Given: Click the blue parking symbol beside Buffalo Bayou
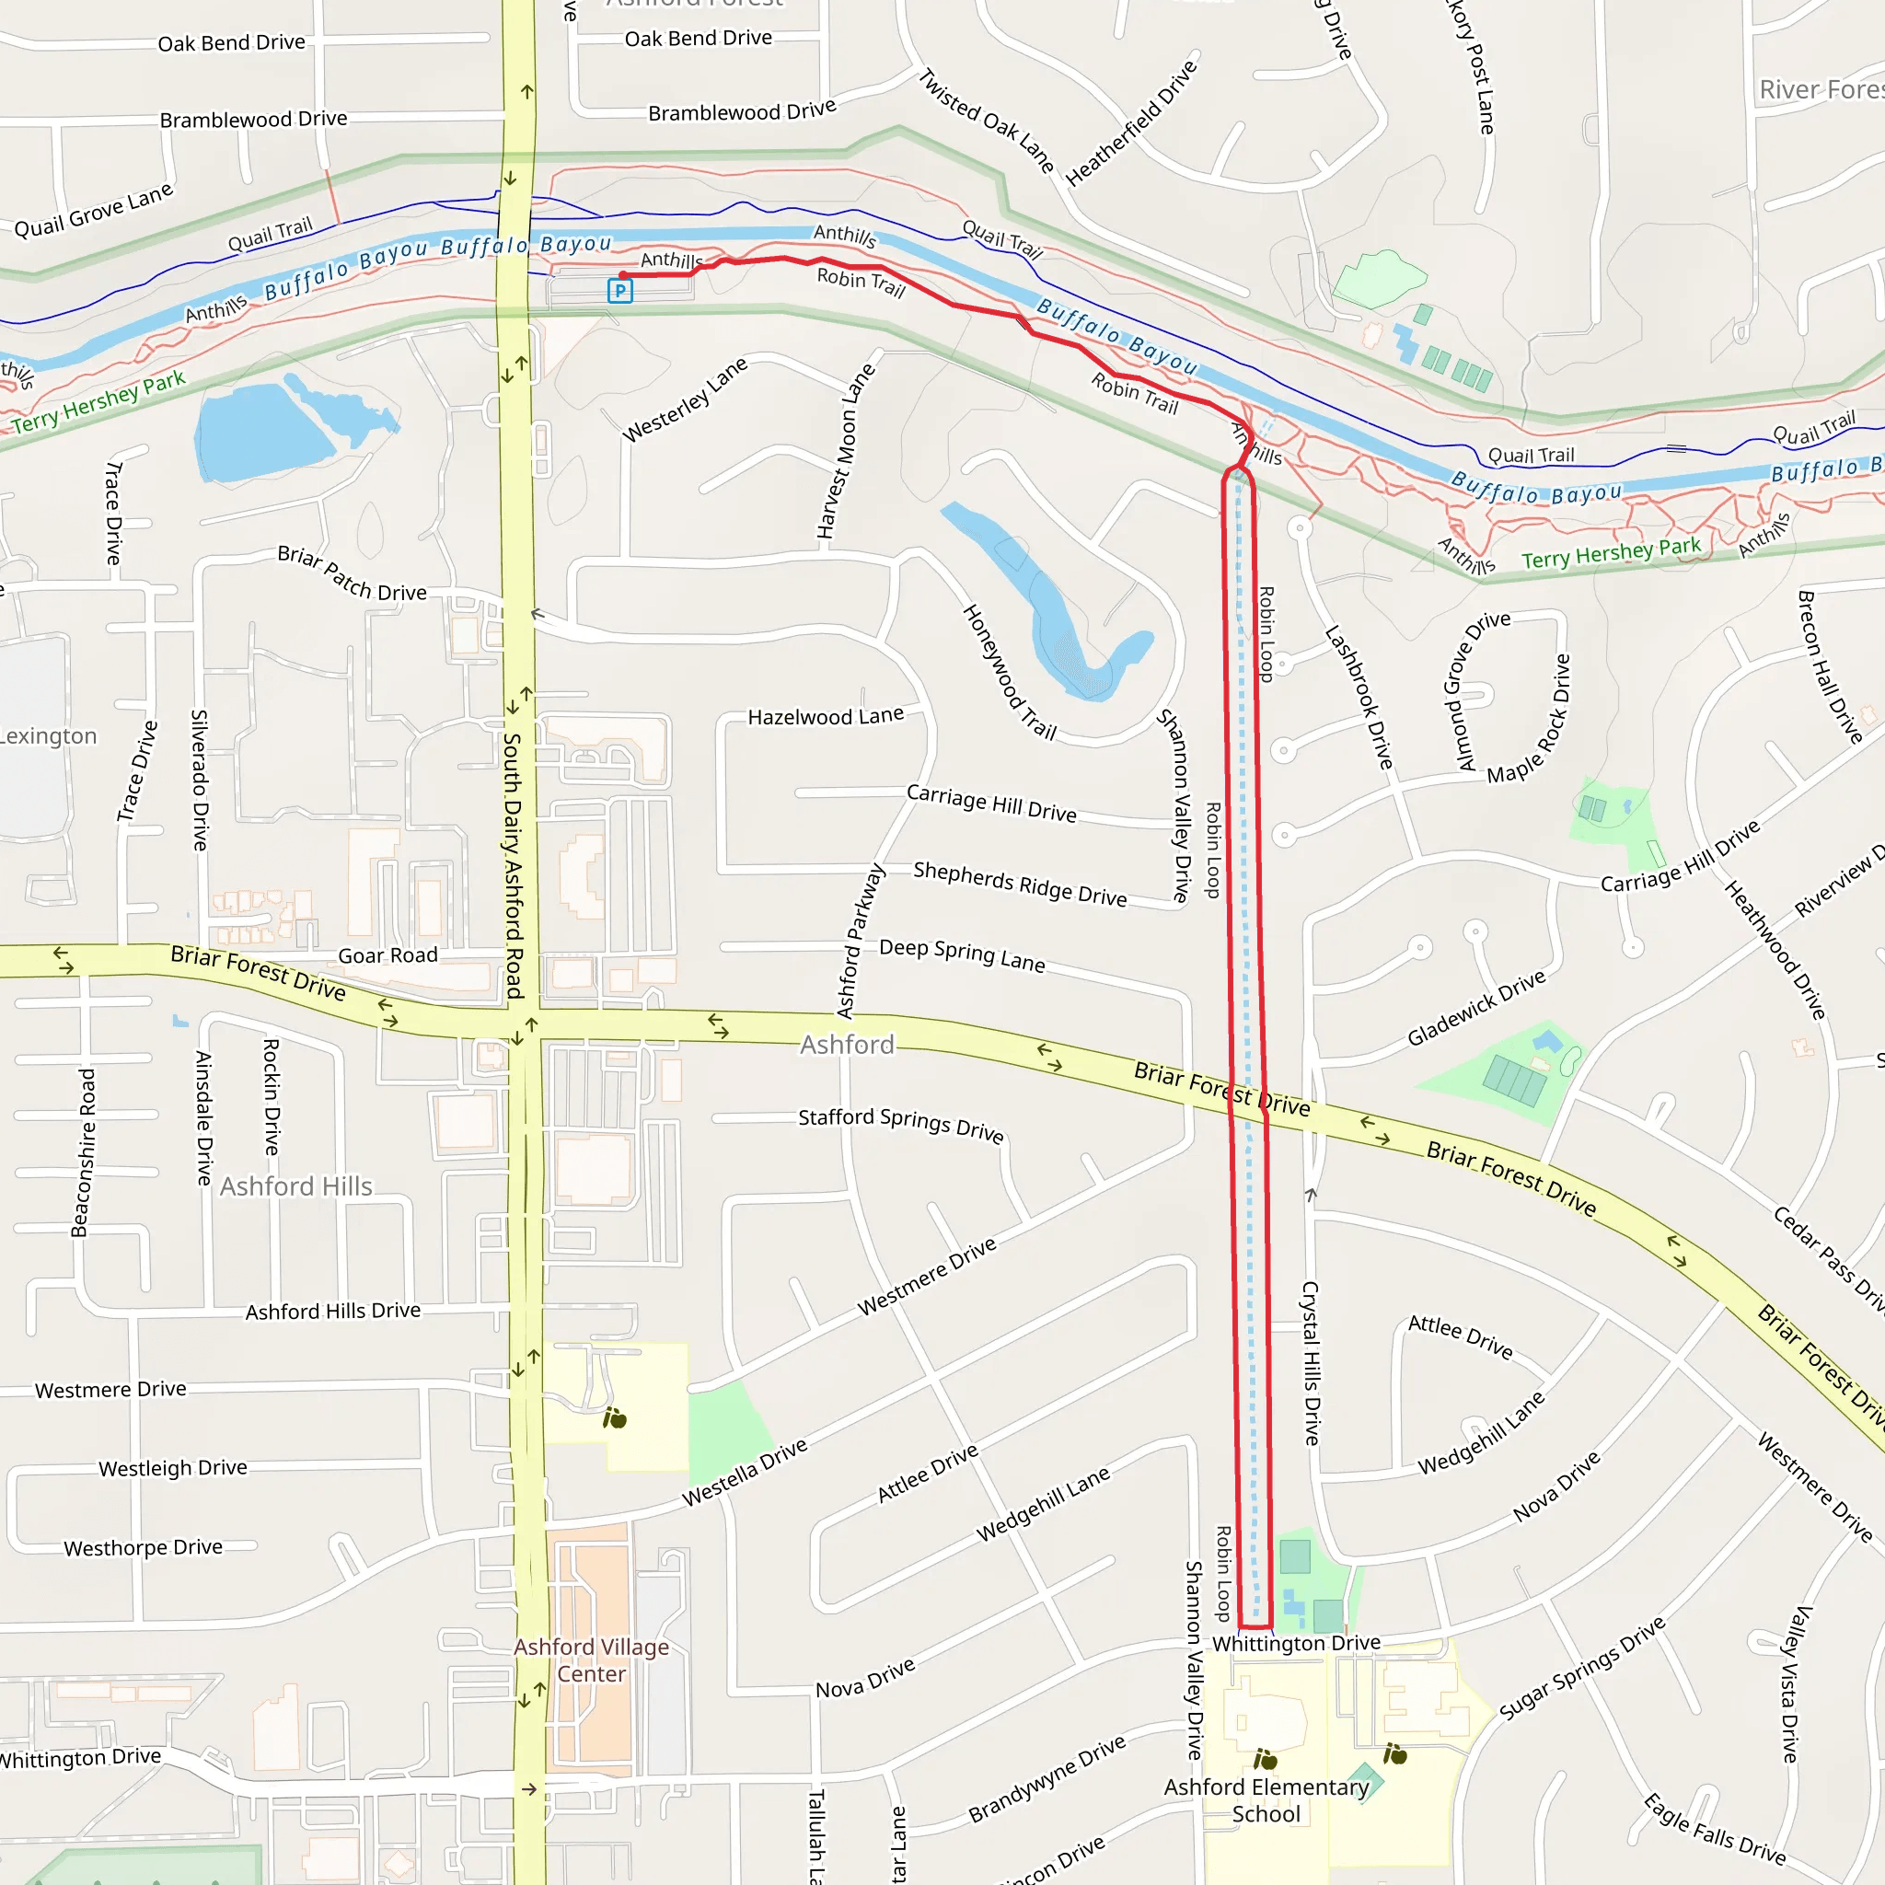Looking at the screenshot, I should (619, 290).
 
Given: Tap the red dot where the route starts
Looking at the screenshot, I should (623, 276).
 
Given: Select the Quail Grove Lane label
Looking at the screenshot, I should (94, 211).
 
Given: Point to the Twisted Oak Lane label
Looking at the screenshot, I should (988, 121).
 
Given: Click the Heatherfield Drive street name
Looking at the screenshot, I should (1131, 123).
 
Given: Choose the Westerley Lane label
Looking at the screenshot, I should (685, 399).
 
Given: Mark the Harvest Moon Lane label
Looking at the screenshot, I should (846, 452).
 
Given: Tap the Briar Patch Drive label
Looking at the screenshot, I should (353, 573).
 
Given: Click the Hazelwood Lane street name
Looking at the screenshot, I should (826, 717).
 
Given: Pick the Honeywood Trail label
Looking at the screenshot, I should (1010, 672).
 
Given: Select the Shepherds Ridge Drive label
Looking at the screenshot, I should (1020, 884).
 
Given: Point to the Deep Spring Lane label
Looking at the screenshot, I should (962, 956).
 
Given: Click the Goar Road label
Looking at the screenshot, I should (387, 956).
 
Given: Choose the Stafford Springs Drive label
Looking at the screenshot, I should (900, 1124).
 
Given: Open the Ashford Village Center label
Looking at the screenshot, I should (591, 1660).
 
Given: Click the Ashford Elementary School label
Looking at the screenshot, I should (1266, 1800).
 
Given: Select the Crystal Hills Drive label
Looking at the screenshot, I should (1312, 1363).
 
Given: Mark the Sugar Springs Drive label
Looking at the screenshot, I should (1582, 1670).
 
